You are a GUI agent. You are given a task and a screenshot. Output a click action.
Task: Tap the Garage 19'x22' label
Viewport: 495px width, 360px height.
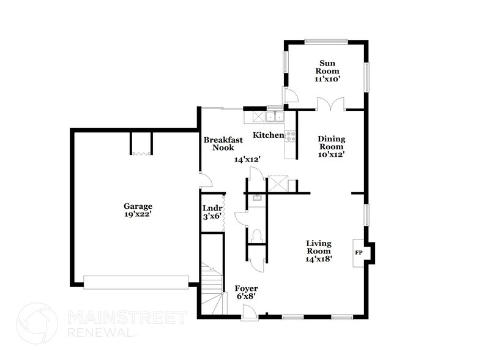point(137,210)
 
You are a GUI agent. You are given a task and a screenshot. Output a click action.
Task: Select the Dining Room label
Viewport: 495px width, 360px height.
point(331,146)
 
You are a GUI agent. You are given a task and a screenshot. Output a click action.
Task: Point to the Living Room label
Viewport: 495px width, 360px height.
point(319,250)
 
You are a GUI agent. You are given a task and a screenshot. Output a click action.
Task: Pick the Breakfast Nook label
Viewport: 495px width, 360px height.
point(223,143)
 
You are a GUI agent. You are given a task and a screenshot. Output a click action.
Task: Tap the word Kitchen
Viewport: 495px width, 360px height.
point(269,135)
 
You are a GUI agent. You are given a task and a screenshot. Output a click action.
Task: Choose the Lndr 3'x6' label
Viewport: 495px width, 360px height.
point(211,212)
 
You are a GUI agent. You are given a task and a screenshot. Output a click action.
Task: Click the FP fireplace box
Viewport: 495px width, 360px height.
point(359,252)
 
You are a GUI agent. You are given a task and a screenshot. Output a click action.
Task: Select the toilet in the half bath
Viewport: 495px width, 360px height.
point(257,236)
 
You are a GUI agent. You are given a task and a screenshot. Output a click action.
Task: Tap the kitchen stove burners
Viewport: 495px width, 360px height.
point(290,135)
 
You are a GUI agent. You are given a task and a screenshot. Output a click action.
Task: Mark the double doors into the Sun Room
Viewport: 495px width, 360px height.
point(331,106)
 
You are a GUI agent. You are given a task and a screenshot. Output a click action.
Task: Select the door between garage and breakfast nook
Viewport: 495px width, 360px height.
point(206,180)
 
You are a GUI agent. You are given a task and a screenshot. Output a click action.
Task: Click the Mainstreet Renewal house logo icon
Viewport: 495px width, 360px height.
point(37,324)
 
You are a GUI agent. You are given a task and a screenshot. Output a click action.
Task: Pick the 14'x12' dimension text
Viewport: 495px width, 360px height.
point(248,159)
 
